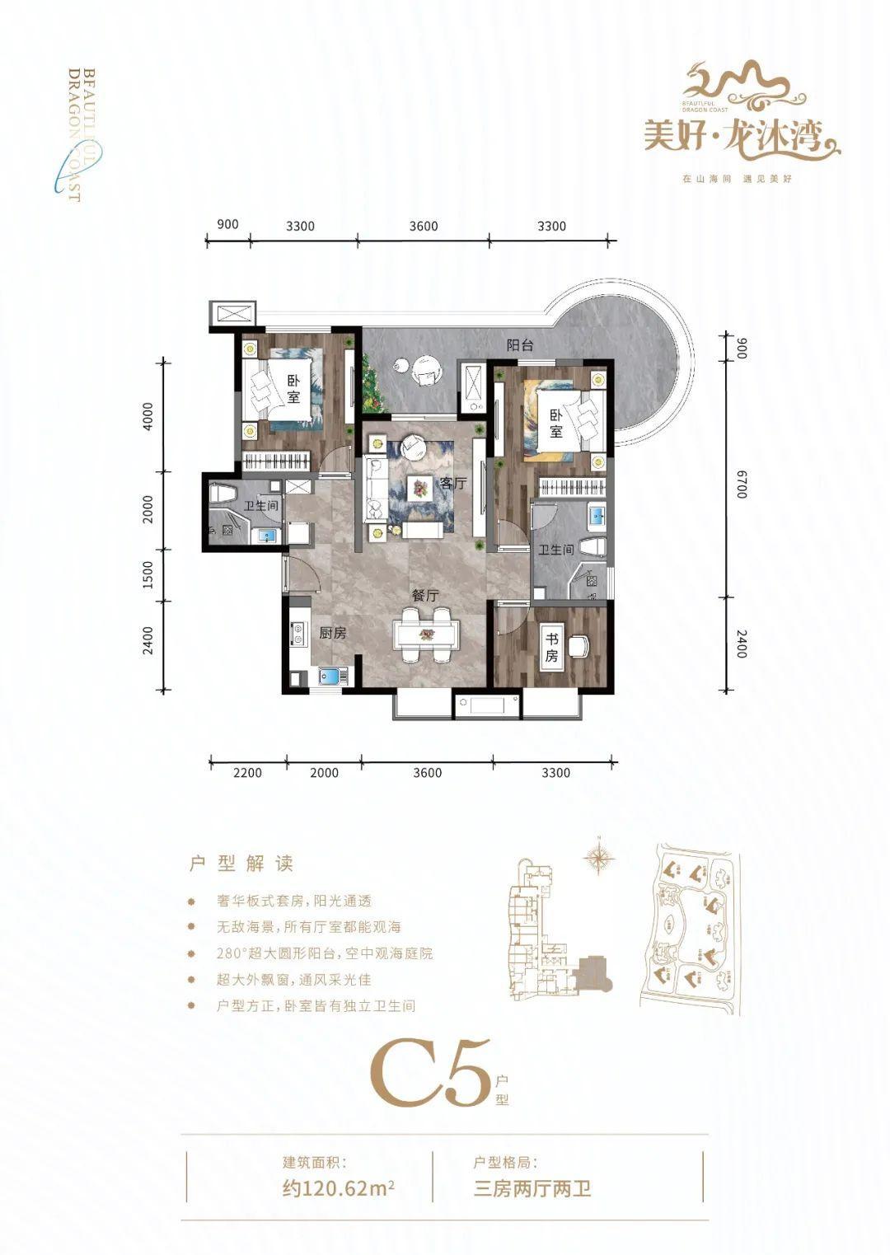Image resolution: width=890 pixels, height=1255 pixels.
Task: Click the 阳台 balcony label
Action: pos(519,345)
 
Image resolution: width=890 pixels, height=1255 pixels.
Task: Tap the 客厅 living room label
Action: pos(453,483)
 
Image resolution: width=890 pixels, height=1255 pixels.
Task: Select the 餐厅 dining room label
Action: pos(425,596)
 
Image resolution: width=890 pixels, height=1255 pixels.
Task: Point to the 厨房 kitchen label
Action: pos(332,633)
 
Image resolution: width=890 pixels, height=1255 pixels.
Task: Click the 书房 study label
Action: pos(551,647)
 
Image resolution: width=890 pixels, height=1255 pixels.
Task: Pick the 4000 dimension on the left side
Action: pos(148,415)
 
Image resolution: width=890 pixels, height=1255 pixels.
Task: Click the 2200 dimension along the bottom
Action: pos(247,773)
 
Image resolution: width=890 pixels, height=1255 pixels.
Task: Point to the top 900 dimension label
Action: pos(227,224)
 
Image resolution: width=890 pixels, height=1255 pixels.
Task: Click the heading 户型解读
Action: pos(241,864)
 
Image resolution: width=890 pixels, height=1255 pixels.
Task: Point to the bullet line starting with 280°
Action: pos(325,953)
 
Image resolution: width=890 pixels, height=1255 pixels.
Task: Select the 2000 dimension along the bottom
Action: pos(324,773)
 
